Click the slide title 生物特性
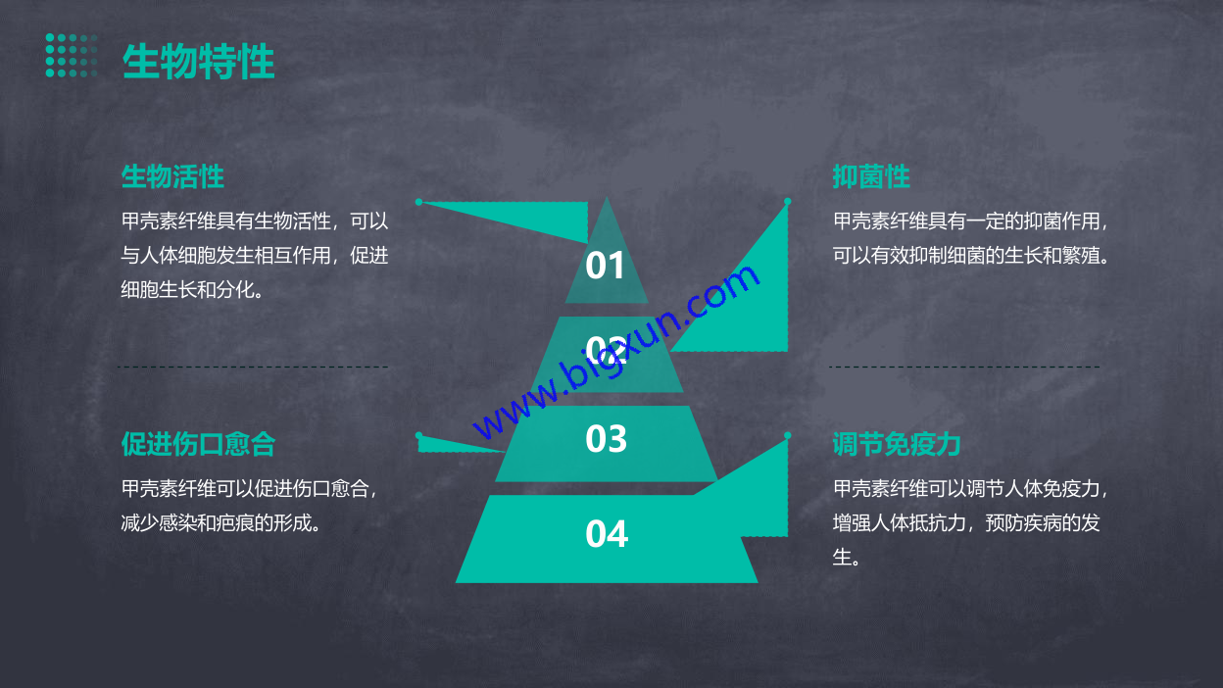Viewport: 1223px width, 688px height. tap(198, 61)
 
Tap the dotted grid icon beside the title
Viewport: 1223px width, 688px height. tap(72, 55)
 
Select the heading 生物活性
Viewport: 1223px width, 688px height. tap(172, 176)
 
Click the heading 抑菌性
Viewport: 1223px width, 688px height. tap(871, 176)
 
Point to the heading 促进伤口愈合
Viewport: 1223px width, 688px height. tap(198, 443)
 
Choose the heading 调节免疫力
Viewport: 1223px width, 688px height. tap(897, 443)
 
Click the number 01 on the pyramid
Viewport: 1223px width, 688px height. tap(605, 266)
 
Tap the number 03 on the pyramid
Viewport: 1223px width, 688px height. tap(606, 438)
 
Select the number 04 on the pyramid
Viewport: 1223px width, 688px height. tap(607, 533)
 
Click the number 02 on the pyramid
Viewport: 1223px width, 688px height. tap(606, 350)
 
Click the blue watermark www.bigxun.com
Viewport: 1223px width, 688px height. tap(615, 352)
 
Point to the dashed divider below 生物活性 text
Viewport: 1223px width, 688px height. tap(253, 367)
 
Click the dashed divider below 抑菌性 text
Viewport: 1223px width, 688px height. tap(964, 367)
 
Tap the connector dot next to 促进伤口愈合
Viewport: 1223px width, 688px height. tap(418, 436)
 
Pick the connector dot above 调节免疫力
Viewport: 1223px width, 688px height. tap(787, 435)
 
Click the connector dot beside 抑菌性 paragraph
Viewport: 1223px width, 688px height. tap(787, 202)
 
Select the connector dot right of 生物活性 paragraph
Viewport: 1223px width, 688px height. tap(418, 202)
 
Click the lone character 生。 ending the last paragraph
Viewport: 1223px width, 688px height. tap(847, 557)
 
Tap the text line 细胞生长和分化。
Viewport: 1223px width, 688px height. tap(192, 289)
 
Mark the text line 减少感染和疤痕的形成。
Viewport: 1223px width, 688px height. tap(220, 523)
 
